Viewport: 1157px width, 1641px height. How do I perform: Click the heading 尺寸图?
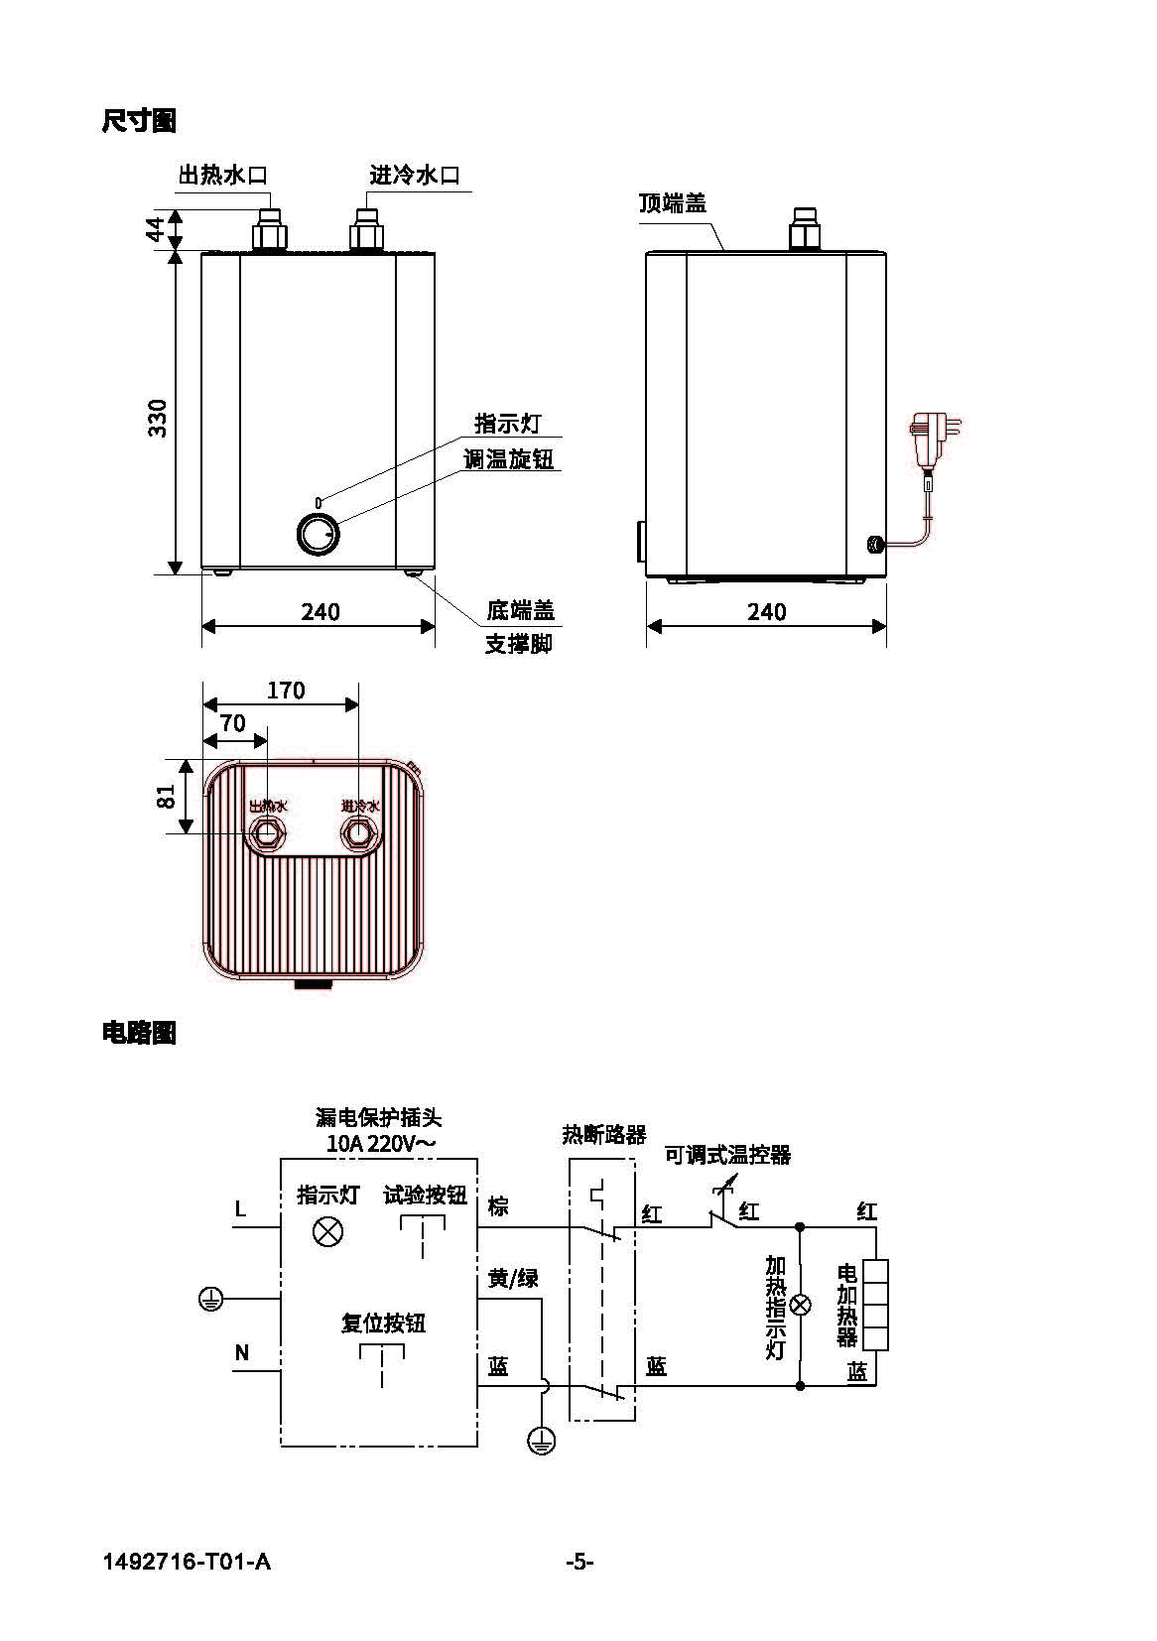[139, 121]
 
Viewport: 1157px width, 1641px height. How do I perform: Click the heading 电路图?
[139, 1033]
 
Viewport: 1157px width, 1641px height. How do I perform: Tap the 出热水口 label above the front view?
[223, 176]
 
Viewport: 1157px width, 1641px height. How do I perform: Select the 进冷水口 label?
[415, 176]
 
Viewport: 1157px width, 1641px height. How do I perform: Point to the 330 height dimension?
[158, 418]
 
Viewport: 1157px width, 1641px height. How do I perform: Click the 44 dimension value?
[156, 229]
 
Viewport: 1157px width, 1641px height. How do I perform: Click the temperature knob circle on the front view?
[319, 535]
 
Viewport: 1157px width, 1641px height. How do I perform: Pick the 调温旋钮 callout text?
[508, 458]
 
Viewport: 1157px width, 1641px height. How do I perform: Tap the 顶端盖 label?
[673, 203]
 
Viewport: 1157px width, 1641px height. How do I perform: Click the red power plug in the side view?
[932, 439]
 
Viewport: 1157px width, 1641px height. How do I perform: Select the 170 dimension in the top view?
[286, 690]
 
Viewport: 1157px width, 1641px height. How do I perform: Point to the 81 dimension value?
[166, 796]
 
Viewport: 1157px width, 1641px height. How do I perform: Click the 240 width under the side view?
[766, 611]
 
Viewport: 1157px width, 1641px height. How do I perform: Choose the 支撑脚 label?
[518, 644]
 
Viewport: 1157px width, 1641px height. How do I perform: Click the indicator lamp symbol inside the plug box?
[327, 1232]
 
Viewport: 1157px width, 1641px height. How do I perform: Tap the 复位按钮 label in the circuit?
[383, 1323]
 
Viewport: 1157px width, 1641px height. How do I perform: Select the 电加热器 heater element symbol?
[875, 1305]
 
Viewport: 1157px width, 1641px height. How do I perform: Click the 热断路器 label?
[604, 1134]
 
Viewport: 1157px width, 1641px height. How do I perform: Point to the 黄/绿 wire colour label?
[513, 1278]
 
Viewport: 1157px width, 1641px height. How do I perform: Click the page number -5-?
[579, 1562]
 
